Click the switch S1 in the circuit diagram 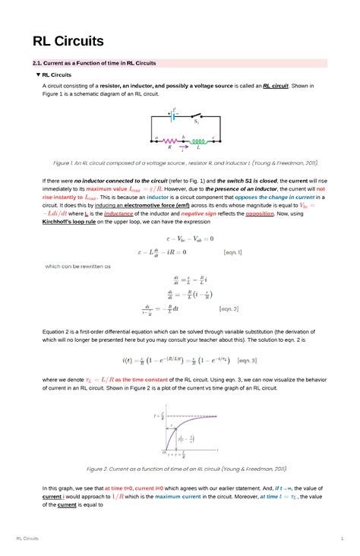[195, 116]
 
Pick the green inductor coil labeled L [199, 141]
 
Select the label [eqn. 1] [232, 251]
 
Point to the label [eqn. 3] [248, 360]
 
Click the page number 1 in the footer [343, 539]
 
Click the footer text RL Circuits [27, 539]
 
